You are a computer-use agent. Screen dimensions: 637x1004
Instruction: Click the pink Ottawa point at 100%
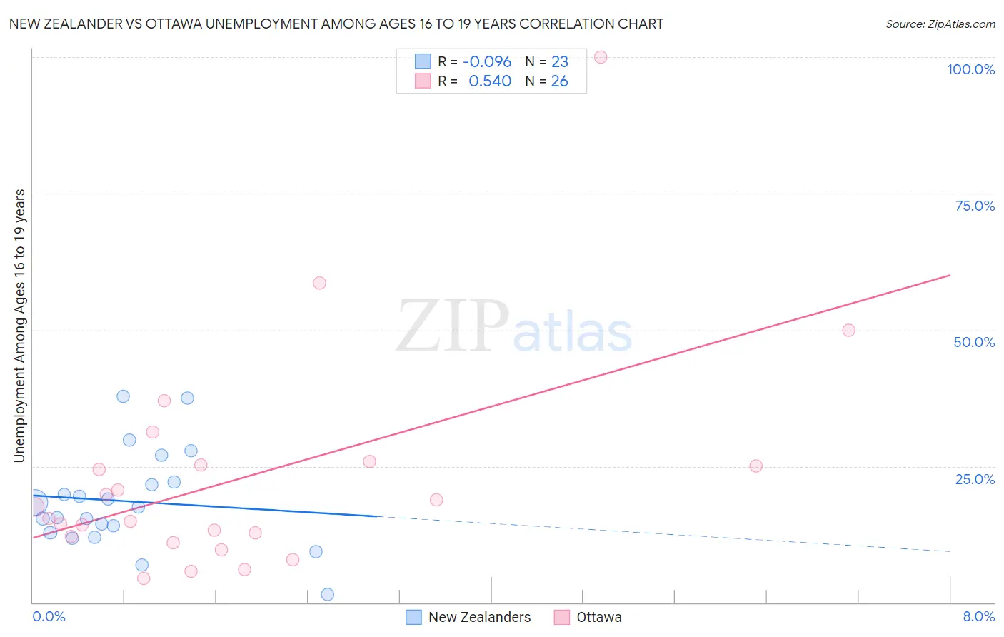(x=601, y=57)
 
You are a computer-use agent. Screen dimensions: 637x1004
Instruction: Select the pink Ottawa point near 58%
(x=319, y=283)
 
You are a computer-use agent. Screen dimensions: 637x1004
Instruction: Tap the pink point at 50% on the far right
(x=848, y=330)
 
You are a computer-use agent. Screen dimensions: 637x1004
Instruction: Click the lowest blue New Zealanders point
(x=328, y=594)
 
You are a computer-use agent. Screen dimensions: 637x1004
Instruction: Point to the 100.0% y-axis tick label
(x=970, y=69)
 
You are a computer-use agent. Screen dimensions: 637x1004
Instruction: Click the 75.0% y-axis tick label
(x=975, y=206)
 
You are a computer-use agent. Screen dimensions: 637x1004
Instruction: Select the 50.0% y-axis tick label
(x=974, y=342)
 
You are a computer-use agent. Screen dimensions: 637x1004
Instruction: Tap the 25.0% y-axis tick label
(x=975, y=478)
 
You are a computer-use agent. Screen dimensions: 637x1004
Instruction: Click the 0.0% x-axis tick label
(x=49, y=616)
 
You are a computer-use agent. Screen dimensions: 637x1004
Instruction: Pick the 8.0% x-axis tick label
(x=978, y=616)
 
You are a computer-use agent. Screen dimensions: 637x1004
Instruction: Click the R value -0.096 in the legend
(x=487, y=62)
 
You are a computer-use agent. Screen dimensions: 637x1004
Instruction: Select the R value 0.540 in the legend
(x=490, y=81)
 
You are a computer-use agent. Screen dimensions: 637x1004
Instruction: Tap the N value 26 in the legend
(x=559, y=81)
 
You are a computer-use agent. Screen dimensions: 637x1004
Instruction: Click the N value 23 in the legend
(x=559, y=62)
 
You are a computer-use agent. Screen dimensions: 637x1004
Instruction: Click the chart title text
(x=336, y=24)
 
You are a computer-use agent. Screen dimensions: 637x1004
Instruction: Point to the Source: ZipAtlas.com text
(x=940, y=24)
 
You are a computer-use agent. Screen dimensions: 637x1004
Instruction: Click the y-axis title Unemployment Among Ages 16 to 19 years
(x=19, y=326)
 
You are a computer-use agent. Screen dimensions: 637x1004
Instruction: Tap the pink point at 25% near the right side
(x=755, y=466)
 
